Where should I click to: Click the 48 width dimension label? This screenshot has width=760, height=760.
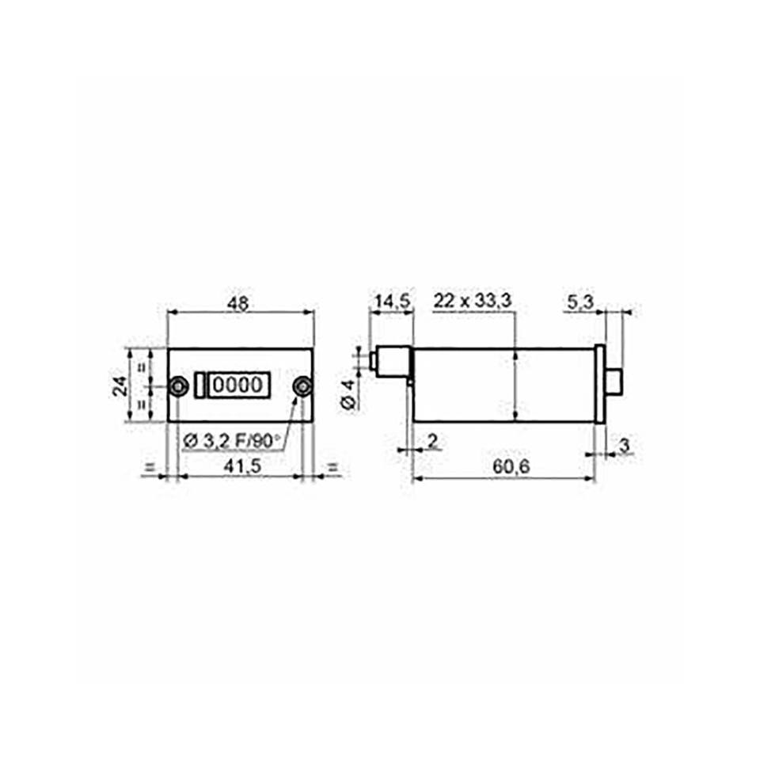[x=238, y=303]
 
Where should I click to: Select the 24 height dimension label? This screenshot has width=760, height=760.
[x=120, y=386]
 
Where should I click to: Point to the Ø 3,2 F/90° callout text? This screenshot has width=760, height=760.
[x=232, y=441]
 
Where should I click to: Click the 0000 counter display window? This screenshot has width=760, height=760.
[x=238, y=386]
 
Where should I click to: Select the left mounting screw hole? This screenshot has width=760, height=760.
[x=178, y=386]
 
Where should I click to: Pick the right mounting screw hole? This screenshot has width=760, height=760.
[x=303, y=386]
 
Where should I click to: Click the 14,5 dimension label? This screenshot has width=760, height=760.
[x=393, y=302]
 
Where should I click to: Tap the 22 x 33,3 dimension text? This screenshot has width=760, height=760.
[x=472, y=301]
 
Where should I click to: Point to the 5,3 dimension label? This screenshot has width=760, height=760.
[x=579, y=302]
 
